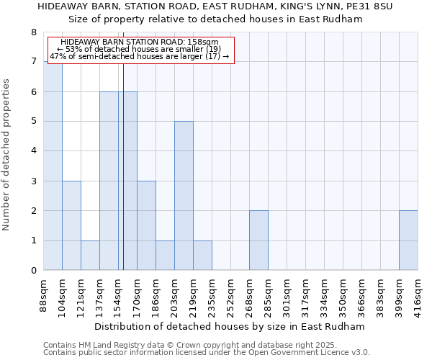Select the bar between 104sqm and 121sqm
pos(71,225)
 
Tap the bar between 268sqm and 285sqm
pos(258,240)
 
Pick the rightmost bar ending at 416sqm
pos(408,240)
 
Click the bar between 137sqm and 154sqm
pos(109,181)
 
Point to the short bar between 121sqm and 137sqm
pos(90,256)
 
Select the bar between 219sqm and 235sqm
pos(202,256)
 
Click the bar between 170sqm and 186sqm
pos(146,225)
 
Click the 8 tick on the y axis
pos(33,32)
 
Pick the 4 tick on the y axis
pos(33,151)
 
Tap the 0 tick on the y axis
pos(33,271)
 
